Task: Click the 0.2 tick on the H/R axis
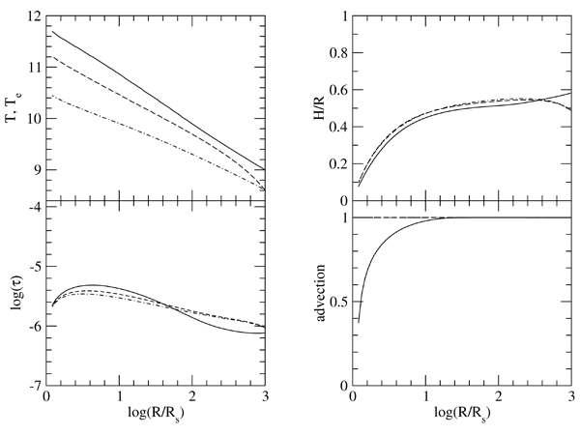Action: pyautogui.click(x=340, y=165)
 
